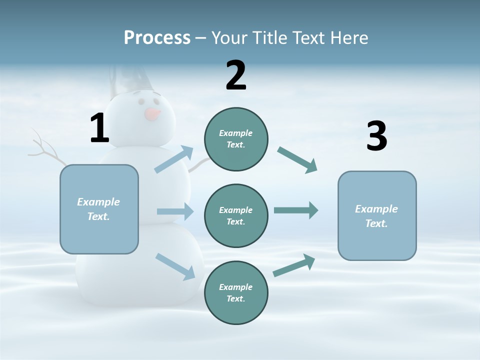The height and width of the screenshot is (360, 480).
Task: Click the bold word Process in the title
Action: coord(157,37)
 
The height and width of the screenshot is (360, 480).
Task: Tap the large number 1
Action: coord(99,128)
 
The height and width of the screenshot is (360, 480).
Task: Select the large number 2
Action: coord(236,75)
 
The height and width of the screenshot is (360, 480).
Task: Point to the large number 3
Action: coord(376,136)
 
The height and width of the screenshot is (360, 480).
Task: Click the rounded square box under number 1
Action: coord(99,209)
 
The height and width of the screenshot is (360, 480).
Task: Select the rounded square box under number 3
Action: coord(377,215)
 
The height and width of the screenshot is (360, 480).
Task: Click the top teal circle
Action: coord(236,139)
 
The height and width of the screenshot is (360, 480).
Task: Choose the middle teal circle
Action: coord(236,216)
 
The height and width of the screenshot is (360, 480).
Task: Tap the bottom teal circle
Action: coord(236,293)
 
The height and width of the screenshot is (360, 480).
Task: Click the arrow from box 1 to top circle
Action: coord(174,159)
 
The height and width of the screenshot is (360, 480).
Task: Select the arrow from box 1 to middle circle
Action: coord(175,211)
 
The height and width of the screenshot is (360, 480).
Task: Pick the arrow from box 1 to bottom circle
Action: coord(175,266)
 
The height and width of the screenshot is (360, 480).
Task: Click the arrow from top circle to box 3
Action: coord(297,160)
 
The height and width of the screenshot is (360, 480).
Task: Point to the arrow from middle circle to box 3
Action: coord(296,210)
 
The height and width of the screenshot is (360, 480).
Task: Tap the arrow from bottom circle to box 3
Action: coord(294,265)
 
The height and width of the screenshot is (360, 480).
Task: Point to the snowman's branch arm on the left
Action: coord(46,149)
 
